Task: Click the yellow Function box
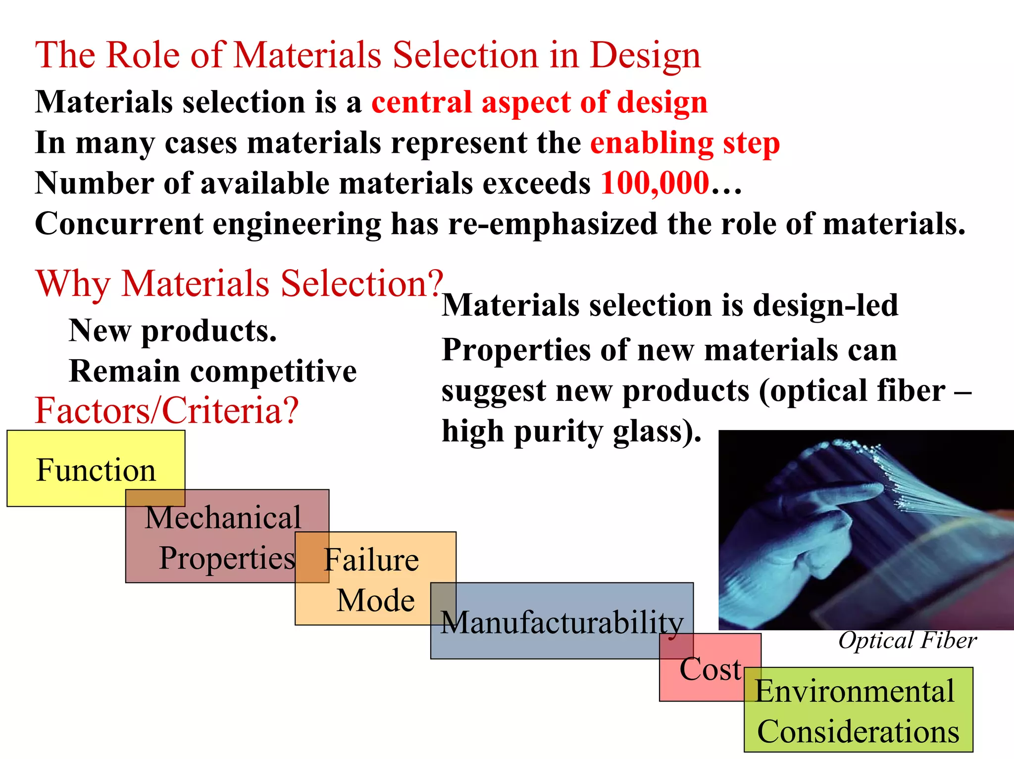click(96, 469)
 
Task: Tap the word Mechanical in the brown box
click(223, 518)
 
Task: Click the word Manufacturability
click(562, 622)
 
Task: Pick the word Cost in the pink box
click(710, 669)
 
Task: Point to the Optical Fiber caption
click(907, 640)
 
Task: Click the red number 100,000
click(655, 183)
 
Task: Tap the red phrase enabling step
click(685, 143)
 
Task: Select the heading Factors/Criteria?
click(167, 411)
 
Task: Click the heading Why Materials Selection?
click(239, 284)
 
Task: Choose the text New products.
click(172, 331)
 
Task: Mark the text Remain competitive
click(213, 371)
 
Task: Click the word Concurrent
click(119, 224)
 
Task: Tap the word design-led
click(825, 305)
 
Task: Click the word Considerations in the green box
click(858, 731)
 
